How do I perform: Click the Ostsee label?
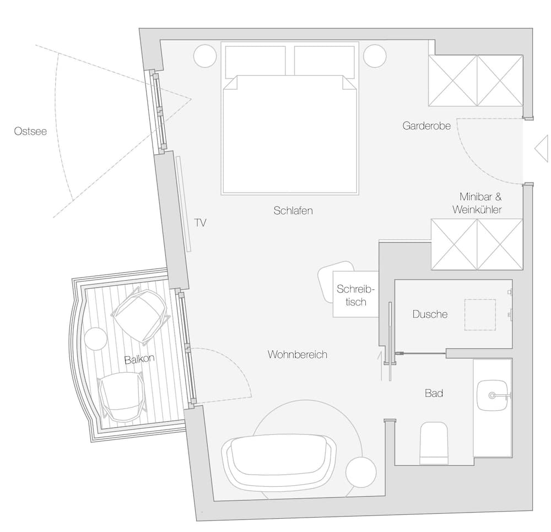30,132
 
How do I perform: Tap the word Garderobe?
426,126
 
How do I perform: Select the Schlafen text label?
293,211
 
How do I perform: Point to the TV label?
201,223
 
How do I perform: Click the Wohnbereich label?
297,354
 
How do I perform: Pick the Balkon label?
139,359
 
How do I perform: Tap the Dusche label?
430,314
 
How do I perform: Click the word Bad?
434,393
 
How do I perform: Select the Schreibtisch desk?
355,294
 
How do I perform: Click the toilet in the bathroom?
434,443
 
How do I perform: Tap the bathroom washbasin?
493,395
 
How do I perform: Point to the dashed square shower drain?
479,315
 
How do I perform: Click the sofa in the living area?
278,460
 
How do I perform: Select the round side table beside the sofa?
361,472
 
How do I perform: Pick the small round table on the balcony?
96,338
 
